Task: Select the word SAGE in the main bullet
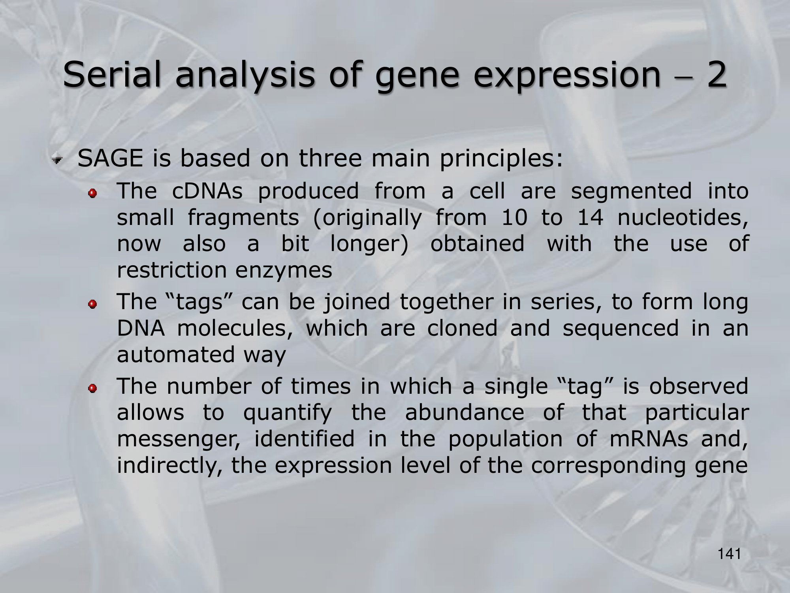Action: (x=110, y=159)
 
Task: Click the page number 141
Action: (x=729, y=554)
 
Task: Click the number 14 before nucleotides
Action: (x=590, y=217)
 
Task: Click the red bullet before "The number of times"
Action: (x=92, y=389)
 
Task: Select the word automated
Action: (x=176, y=354)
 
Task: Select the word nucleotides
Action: (x=683, y=218)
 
